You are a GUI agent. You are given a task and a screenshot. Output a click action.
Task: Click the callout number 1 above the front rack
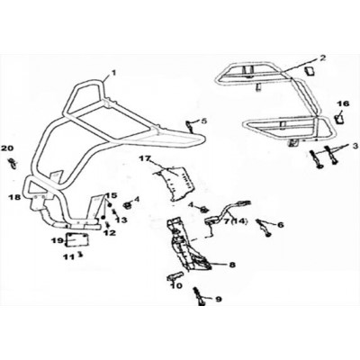(x=113, y=72)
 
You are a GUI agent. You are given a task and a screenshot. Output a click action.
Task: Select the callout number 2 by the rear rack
(x=322, y=58)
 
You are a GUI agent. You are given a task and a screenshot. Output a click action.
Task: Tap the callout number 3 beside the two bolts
(x=355, y=146)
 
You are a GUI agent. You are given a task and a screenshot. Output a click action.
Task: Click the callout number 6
(x=281, y=224)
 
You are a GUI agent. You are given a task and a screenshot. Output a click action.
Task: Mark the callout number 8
(x=232, y=265)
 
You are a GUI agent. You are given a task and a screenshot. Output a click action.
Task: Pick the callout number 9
(x=218, y=299)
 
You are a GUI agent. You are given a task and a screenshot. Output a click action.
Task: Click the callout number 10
(x=176, y=286)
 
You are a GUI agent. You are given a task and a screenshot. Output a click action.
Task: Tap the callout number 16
(x=343, y=103)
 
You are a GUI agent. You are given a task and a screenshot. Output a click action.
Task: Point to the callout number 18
(x=14, y=197)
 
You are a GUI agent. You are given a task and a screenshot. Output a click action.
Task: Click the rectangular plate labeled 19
(x=77, y=240)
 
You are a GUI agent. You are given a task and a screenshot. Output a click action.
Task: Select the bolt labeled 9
(x=200, y=296)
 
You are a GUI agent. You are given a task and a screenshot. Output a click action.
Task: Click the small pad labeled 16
(x=339, y=119)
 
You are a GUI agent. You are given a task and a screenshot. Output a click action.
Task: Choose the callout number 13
(x=121, y=220)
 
